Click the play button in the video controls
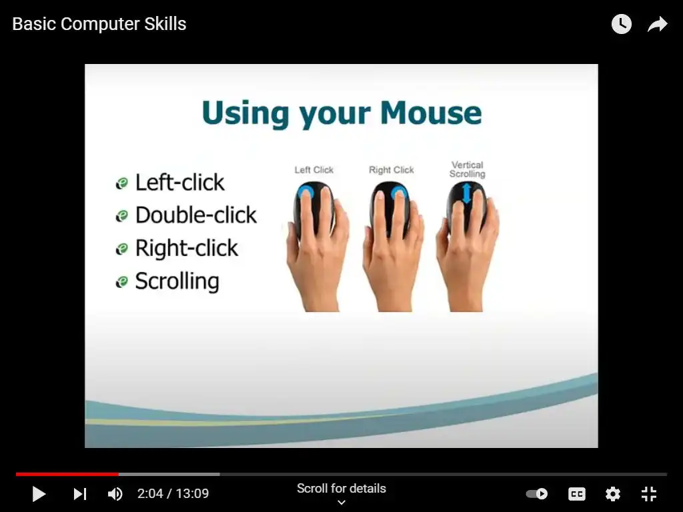point(39,494)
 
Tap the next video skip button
point(80,494)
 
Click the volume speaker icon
point(115,494)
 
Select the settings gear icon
point(612,494)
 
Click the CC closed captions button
point(577,494)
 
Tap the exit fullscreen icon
point(649,494)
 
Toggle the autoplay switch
point(537,494)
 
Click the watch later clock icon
point(622,24)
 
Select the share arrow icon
point(657,24)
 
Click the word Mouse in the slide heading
point(431,113)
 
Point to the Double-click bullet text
point(196,215)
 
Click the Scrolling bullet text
point(177,281)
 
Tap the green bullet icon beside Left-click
point(121,183)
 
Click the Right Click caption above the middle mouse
point(391,170)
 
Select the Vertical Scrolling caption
point(467,169)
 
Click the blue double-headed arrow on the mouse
point(466,193)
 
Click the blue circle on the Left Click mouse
point(305,192)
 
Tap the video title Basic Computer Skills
point(99,24)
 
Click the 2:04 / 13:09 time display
point(173,494)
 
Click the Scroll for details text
point(341,489)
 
